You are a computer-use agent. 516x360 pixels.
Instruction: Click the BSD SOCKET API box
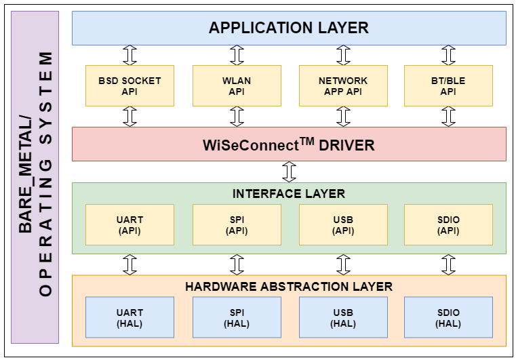pos(130,85)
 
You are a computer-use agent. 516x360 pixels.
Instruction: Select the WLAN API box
pos(237,85)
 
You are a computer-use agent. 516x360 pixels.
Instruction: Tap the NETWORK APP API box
pos(343,85)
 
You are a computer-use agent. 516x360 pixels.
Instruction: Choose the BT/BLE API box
pos(448,85)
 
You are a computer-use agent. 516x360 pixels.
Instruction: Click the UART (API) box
pos(130,225)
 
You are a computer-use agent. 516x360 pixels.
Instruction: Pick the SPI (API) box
pos(237,225)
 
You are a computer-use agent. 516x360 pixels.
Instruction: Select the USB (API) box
pos(343,225)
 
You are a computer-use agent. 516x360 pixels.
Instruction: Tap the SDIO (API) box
pos(448,225)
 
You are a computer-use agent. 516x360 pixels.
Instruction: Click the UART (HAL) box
pos(130,318)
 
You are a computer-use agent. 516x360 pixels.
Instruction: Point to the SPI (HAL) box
pos(237,318)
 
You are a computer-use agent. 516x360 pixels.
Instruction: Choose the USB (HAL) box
pos(343,318)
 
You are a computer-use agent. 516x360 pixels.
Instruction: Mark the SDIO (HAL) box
pos(448,318)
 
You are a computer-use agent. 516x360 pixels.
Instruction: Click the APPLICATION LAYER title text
pos(289,28)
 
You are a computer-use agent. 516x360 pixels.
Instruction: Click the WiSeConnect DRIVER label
pos(289,144)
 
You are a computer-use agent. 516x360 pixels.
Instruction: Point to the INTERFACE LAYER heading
pos(289,194)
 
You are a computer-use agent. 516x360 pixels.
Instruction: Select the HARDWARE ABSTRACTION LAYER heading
pos(289,286)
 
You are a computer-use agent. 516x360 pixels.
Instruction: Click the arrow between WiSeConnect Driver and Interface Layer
pos(290,172)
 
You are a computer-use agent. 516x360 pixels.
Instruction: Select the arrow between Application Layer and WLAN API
pos(237,55)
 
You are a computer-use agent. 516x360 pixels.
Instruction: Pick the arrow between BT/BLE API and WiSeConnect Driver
pos(448,117)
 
